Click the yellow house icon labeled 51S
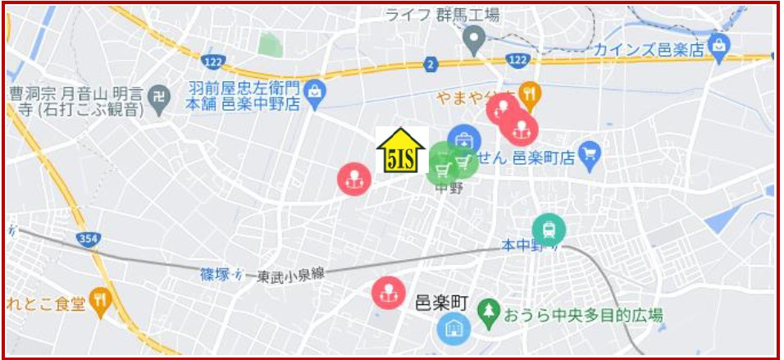click(401, 152)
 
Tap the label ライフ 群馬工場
click(443, 14)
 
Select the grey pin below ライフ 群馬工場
click(474, 38)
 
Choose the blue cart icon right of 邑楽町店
click(589, 152)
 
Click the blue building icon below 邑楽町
click(450, 330)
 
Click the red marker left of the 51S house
click(354, 177)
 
